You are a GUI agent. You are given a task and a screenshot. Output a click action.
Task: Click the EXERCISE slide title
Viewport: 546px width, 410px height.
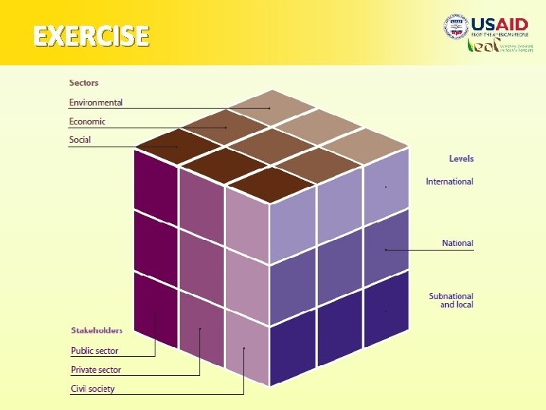click(90, 36)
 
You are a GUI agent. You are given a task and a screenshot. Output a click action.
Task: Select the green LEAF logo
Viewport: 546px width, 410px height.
click(482, 46)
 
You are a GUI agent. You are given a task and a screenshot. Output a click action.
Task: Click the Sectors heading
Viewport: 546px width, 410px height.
click(83, 83)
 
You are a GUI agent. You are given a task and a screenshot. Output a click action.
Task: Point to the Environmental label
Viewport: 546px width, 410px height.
click(96, 102)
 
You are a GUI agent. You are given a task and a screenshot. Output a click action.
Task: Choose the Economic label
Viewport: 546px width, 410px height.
click(87, 121)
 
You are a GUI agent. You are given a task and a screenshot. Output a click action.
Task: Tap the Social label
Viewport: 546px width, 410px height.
click(80, 140)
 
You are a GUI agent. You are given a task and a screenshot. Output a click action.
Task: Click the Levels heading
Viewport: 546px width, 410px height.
click(461, 159)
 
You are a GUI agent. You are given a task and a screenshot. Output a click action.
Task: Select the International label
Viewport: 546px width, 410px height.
click(449, 181)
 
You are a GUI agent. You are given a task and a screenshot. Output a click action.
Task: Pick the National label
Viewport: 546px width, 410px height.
click(457, 244)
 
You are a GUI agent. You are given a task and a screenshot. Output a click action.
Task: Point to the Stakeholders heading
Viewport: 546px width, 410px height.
click(96, 330)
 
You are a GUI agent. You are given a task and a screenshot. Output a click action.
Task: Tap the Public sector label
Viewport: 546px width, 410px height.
click(95, 351)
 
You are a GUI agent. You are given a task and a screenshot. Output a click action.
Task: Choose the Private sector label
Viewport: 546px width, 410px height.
click(96, 370)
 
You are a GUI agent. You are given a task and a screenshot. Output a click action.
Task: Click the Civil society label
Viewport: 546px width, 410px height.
click(93, 389)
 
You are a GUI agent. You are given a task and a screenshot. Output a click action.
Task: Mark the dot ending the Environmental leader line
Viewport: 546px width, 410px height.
click(268, 109)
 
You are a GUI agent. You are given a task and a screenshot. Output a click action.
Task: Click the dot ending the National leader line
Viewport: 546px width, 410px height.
click(386, 249)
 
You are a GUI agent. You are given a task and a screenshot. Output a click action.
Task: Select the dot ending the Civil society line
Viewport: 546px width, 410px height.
click(244, 348)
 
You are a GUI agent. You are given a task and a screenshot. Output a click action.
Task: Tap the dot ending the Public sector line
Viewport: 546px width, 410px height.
click(155, 311)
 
